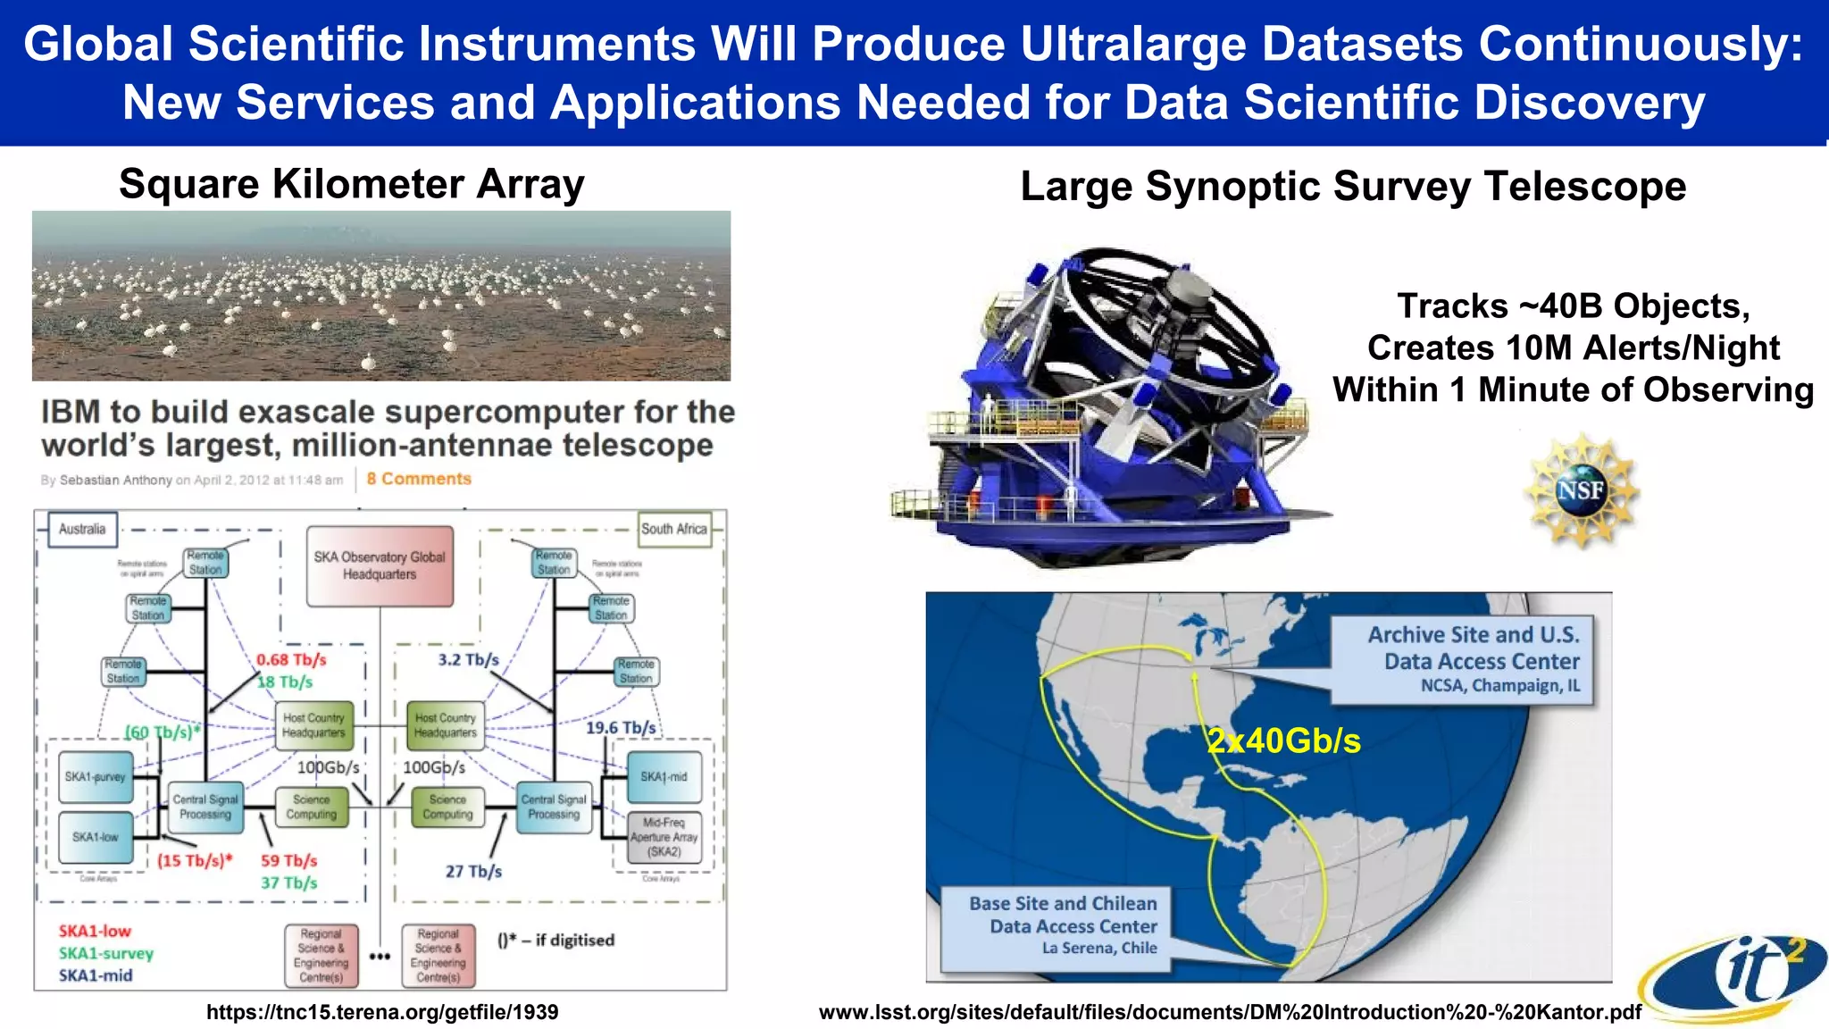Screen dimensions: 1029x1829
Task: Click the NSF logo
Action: pyautogui.click(x=1582, y=489)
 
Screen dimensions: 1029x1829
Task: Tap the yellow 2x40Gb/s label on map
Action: pyautogui.click(x=1283, y=740)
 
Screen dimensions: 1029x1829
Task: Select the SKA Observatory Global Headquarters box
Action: pyautogui.click(x=380, y=565)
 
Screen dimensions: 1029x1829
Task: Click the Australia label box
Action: pyautogui.click(x=82, y=529)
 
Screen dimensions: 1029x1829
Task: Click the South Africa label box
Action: pyautogui.click(x=674, y=529)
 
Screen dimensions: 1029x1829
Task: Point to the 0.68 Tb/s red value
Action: pyautogui.click(x=291, y=660)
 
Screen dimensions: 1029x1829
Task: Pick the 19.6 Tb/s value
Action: pyautogui.click(x=621, y=728)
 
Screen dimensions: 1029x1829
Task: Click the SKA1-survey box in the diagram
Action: pyautogui.click(x=96, y=777)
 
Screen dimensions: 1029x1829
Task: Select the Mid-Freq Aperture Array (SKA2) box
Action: pyautogui.click(x=664, y=837)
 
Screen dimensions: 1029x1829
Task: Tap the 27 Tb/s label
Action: pyautogui.click(x=473, y=871)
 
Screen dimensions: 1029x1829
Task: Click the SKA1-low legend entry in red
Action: pyautogui.click(x=95, y=931)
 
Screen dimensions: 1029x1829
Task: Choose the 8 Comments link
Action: pyautogui.click(x=419, y=479)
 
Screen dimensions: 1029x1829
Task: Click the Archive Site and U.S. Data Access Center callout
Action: pyautogui.click(x=1474, y=659)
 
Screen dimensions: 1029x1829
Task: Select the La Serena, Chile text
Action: pyautogui.click(x=1099, y=948)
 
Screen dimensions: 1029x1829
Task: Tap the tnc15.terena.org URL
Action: pyautogui.click(x=382, y=1012)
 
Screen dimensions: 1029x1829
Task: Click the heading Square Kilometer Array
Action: pyautogui.click(x=352, y=184)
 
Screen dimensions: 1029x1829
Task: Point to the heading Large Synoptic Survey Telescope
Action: pyautogui.click(x=1353, y=187)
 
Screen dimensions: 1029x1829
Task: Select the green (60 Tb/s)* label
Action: pyautogui.click(x=162, y=732)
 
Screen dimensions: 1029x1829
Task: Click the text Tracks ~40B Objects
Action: pyautogui.click(x=1573, y=306)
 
